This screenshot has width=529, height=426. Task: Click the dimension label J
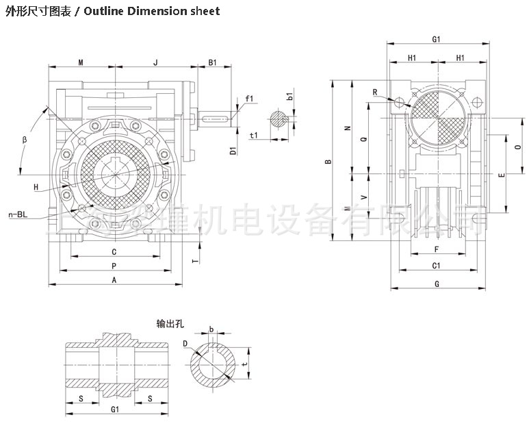click(x=155, y=62)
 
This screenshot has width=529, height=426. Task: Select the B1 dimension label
click(x=212, y=62)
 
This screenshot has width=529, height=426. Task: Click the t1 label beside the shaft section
click(x=254, y=136)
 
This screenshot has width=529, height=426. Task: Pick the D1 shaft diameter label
click(x=233, y=151)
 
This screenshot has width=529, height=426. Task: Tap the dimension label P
click(x=114, y=265)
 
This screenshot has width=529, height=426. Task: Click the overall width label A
click(x=114, y=279)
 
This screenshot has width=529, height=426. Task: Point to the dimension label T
click(x=195, y=261)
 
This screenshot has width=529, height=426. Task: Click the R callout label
click(x=375, y=92)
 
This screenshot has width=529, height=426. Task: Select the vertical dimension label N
click(x=347, y=128)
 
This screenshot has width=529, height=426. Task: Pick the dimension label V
click(x=363, y=197)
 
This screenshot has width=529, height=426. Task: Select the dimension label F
click(x=435, y=250)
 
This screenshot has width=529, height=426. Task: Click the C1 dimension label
click(x=435, y=265)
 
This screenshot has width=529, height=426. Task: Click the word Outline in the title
click(x=105, y=11)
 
